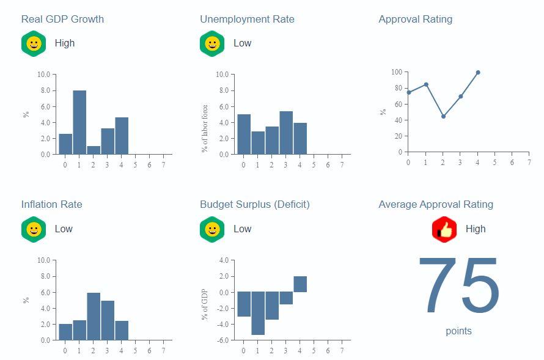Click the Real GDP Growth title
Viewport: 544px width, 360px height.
[x=62, y=19]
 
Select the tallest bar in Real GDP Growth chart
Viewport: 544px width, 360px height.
[x=79, y=122]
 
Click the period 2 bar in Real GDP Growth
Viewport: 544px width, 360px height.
[x=94, y=150]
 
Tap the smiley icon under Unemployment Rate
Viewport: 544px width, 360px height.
[x=212, y=43]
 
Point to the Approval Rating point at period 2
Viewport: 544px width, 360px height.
[x=443, y=116]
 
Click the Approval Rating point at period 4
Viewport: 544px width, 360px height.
[x=478, y=72]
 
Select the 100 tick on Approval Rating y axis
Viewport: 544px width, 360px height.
[x=397, y=72]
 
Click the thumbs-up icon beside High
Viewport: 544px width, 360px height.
[x=444, y=229]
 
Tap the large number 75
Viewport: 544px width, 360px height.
[x=458, y=287]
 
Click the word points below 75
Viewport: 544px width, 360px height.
[x=458, y=331]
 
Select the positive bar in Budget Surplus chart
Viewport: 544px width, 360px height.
[x=300, y=284]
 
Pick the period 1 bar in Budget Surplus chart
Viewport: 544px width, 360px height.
[x=258, y=313]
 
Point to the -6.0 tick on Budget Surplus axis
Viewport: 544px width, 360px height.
[x=222, y=340]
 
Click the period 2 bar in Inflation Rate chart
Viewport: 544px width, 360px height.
[x=94, y=317]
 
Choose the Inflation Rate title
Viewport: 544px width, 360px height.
[x=51, y=204]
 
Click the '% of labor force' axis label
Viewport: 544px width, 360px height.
[x=205, y=128]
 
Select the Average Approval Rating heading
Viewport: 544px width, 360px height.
[x=436, y=204]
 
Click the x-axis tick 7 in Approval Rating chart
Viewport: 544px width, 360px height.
[x=529, y=163]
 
